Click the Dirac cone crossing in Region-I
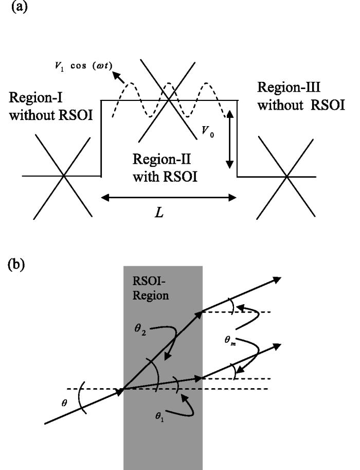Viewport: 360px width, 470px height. (63, 176)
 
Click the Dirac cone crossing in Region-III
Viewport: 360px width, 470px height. (286, 178)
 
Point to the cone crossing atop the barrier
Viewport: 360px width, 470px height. (170, 100)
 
